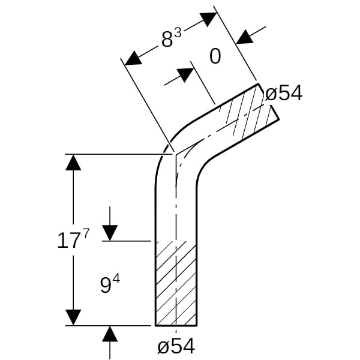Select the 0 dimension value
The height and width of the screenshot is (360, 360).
(215, 56)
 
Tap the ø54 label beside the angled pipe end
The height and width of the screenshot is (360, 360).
(284, 93)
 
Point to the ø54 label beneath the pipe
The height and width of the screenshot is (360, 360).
(176, 346)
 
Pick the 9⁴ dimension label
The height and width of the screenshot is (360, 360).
(109, 285)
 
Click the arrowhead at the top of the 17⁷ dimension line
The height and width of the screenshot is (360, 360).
(73, 162)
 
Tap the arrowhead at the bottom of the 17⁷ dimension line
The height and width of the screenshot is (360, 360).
(73, 317)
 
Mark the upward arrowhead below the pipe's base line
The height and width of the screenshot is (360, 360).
(110, 335)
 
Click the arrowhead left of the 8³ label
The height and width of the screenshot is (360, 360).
(133, 58)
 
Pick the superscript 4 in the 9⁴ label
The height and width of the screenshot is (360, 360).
(116, 278)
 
